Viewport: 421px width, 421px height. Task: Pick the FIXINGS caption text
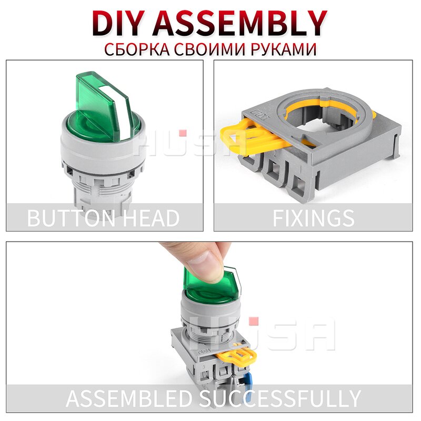pos(313,217)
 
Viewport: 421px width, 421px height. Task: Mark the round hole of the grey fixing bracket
pos(314,118)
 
